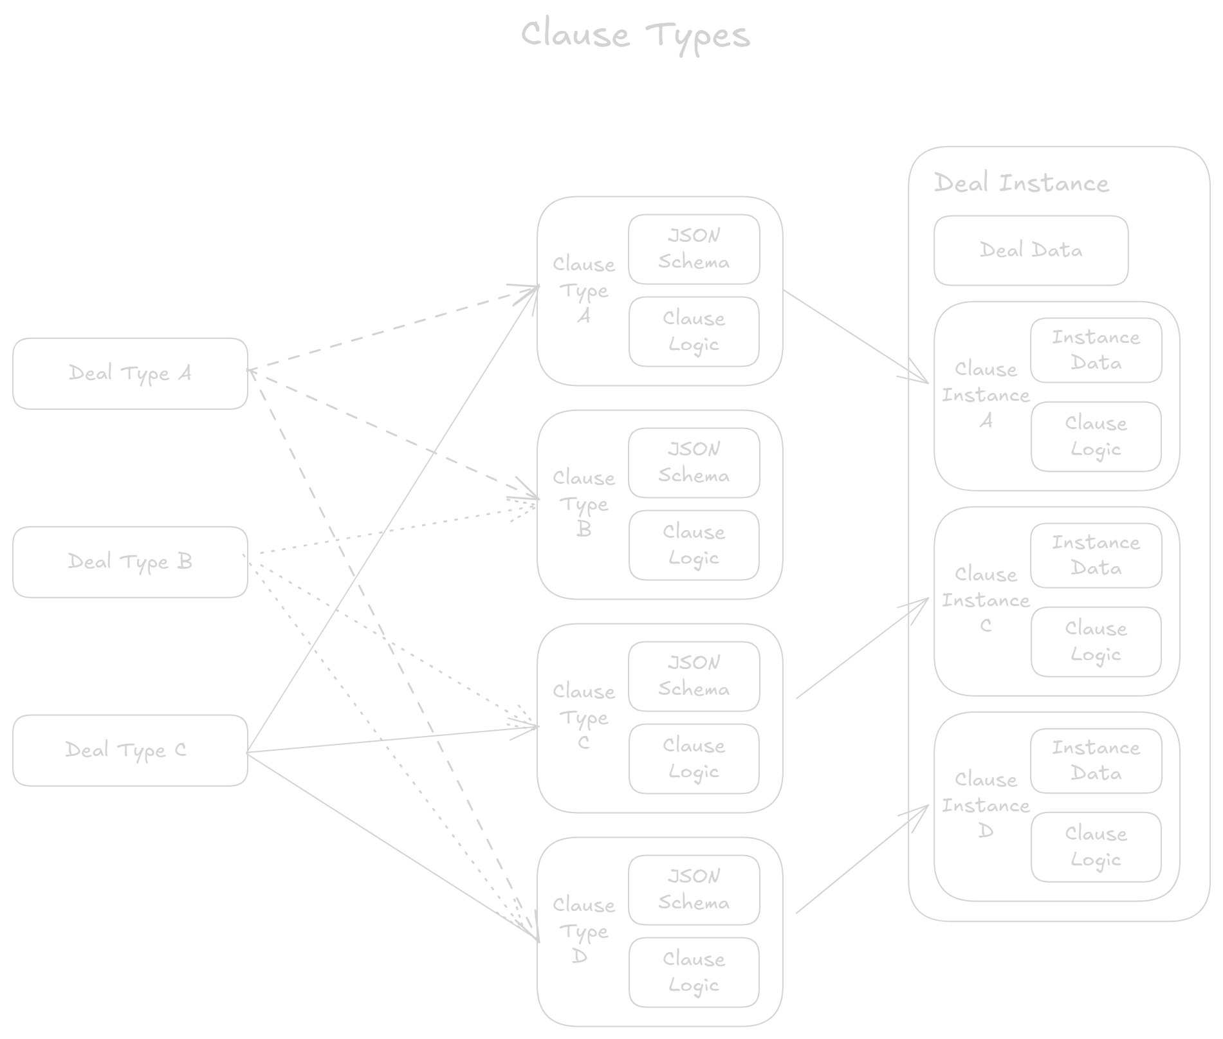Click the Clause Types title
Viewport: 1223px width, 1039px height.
coord(635,35)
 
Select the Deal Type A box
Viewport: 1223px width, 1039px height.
coord(130,373)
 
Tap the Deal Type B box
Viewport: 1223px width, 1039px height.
coord(130,562)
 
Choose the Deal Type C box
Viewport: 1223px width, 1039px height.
coord(130,750)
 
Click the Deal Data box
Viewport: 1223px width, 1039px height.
coord(1031,250)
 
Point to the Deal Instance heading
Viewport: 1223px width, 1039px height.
coord(1021,183)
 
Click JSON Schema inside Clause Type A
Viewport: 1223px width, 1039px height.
coord(694,249)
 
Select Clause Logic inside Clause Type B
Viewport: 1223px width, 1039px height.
coord(694,545)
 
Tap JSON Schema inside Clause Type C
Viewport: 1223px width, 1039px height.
coord(694,676)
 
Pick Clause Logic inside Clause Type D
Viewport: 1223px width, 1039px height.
coord(694,972)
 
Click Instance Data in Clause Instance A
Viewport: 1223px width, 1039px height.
coord(1096,351)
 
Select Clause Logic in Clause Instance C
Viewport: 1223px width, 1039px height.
coord(1096,641)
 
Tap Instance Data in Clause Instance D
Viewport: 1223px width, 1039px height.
coord(1096,760)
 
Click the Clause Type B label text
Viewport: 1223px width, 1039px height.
coord(584,504)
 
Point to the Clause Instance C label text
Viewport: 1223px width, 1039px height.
coord(986,600)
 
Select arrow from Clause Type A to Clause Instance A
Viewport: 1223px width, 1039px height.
coord(856,336)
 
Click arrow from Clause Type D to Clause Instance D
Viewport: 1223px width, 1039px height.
coord(862,859)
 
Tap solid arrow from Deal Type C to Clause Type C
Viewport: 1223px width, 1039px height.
coord(392,739)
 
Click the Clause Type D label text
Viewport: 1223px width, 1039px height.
coord(584,931)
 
